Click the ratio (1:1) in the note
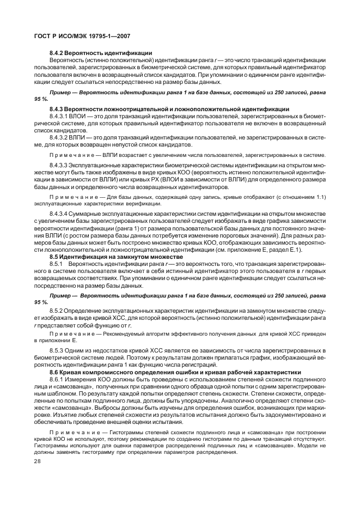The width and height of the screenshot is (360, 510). pos(318,196)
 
